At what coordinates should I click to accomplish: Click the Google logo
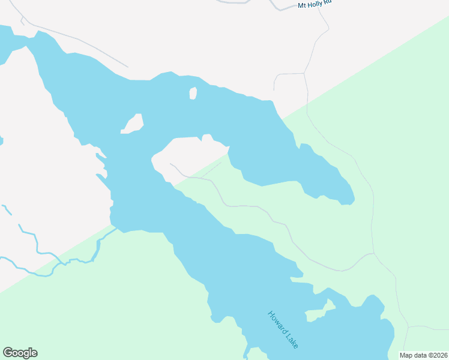coord(20,353)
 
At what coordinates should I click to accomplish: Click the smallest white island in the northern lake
coord(193,93)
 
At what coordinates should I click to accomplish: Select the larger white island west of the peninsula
coord(133,123)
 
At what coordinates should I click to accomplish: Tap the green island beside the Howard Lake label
coord(316,314)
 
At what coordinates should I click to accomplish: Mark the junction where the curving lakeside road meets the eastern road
coord(374,253)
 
